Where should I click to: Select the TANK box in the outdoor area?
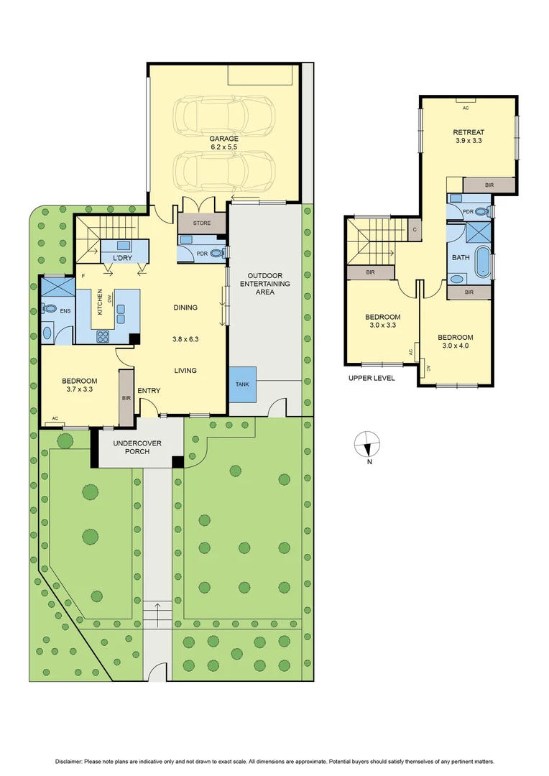[242, 384]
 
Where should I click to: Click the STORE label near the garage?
[202, 223]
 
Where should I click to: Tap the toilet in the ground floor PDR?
[220, 252]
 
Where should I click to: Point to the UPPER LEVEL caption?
[371, 377]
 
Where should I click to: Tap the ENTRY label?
[149, 391]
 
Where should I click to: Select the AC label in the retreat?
[465, 108]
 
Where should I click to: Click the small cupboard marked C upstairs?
[415, 230]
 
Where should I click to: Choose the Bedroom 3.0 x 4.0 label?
[456, 342]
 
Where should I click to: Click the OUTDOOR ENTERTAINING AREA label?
[268, 284]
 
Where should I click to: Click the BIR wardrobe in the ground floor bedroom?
[126, 397]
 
